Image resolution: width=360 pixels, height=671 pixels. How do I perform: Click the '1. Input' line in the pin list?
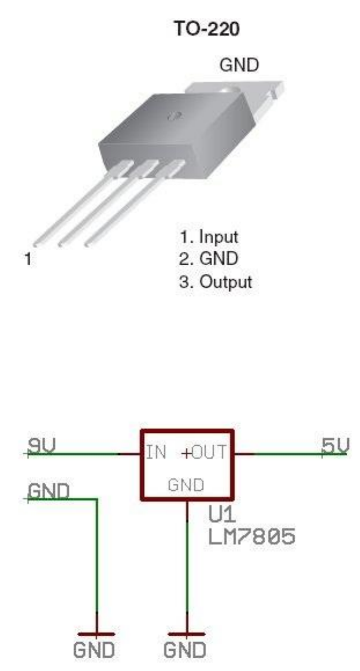point(209,236)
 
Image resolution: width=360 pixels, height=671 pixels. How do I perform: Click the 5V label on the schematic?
point(335,445)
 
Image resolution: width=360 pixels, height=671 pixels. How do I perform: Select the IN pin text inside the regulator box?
point(156,453)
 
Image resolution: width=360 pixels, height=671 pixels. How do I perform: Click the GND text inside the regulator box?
point(185,485)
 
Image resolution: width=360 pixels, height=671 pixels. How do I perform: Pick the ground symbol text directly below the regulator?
point(185,651)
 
